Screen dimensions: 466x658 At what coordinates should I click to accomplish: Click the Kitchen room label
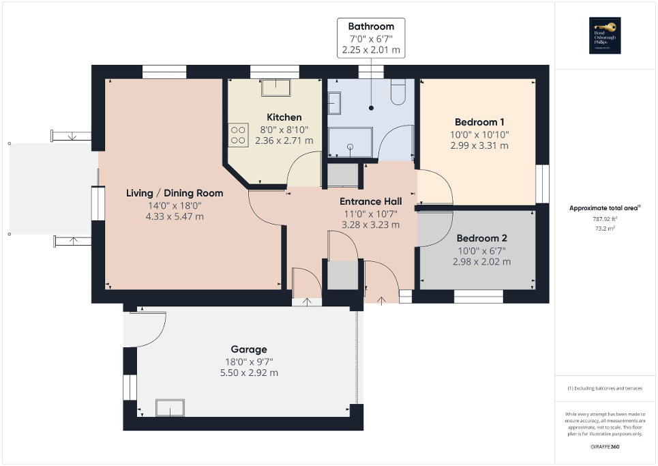(284, 117)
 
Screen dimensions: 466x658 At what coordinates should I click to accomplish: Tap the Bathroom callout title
(371, 27)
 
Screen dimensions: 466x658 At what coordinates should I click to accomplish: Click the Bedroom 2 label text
(481, 238)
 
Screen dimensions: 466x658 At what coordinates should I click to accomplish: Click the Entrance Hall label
(370, 201)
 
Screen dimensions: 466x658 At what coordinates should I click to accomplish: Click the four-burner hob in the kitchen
(239, 134)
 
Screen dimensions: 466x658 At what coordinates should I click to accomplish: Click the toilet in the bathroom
(399, 92)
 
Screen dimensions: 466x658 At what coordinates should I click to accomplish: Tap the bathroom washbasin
(334, 103)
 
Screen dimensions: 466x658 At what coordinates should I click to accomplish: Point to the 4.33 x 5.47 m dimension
(175, 216)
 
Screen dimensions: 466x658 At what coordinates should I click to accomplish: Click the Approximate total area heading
(605, 208)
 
